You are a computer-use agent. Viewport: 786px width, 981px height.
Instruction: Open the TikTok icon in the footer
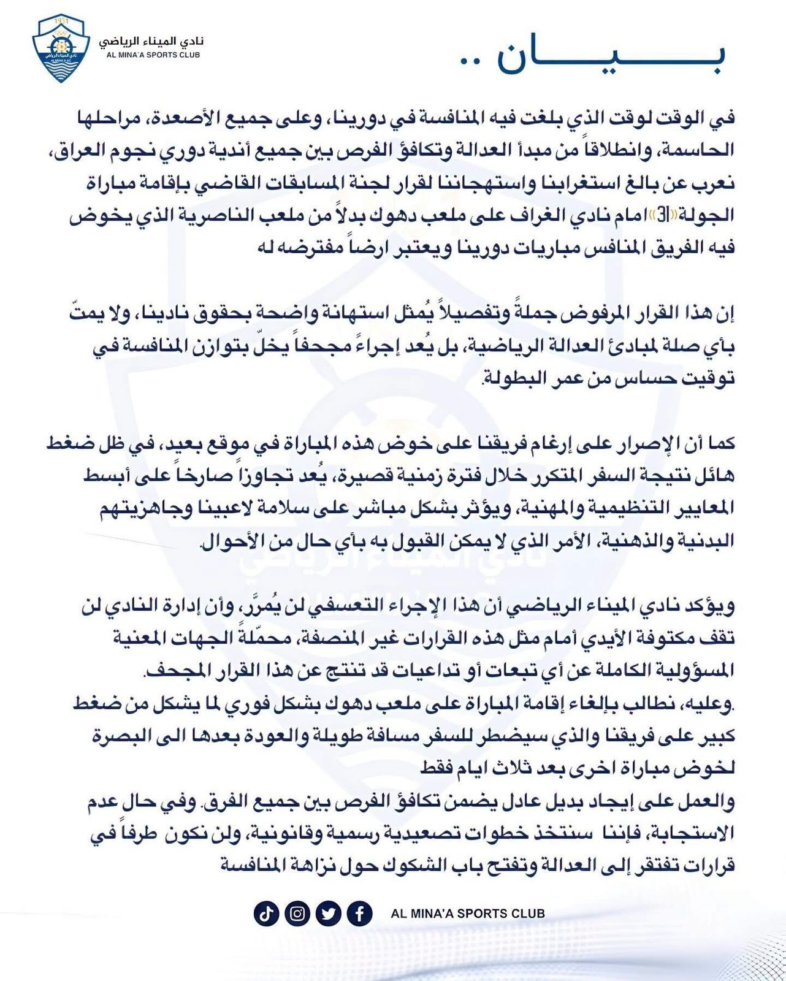click(265, 914)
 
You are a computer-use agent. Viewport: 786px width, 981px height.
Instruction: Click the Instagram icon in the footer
click(297, 914)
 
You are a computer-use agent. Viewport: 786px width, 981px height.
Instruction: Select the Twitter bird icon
click(329, 914)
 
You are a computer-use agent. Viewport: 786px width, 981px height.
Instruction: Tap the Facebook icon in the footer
click(360, 914)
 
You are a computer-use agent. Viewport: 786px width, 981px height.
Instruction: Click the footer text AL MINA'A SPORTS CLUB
click(468, 914)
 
